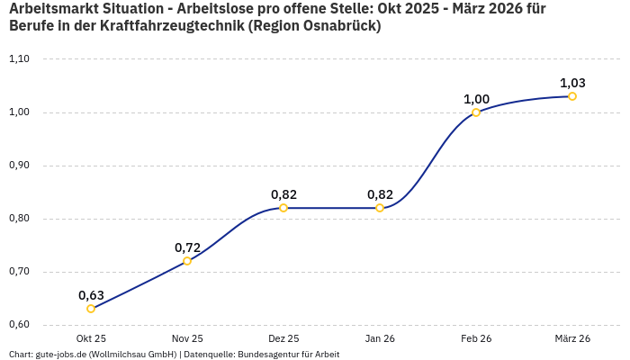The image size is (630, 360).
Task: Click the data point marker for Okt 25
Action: [x=91, y=309]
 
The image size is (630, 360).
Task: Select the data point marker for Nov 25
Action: [x=187, y=261]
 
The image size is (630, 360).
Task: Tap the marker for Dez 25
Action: [x=283, y=208]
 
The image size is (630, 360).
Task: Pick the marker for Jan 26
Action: [x=380, y=208]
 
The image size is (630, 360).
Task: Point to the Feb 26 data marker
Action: [x=476, y=112]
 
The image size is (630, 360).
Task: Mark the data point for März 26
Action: [x=572, y=96]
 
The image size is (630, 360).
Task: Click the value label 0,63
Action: [x=91, y=294]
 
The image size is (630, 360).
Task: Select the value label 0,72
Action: [x=187, y=247]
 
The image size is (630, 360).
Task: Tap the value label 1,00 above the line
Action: [x=476, y=98]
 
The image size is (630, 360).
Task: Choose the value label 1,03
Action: [x=572, y=82]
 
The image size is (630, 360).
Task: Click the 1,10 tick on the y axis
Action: [x=19, y=59]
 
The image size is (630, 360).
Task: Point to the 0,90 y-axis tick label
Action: [x=19, y=166]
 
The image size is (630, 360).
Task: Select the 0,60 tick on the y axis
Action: [x=19, y=325]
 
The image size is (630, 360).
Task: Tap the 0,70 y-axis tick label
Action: [x=19, y=272]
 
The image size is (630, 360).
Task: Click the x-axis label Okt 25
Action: [x=91, y=338]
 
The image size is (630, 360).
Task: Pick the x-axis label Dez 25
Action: [x=283, y=338]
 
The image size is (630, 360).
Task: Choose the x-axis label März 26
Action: [x=572, y=338]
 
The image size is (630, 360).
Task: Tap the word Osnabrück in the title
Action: [x=338, y=27]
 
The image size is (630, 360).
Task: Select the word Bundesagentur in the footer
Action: [x=271, y=355]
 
